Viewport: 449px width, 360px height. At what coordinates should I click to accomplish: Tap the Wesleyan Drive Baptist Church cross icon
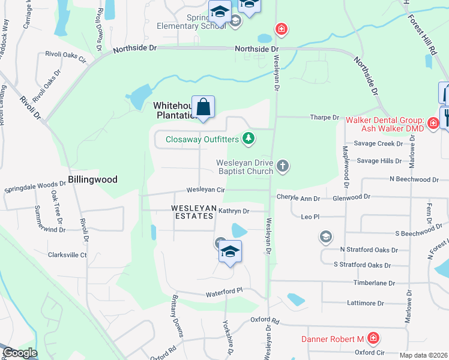tap(283, 166)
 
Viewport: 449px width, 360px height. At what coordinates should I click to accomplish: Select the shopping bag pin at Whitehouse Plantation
tap(203, 108)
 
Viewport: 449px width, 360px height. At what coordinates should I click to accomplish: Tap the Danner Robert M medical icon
tap(373, 339)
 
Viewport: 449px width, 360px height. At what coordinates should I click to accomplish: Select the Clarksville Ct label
tap(67, 255)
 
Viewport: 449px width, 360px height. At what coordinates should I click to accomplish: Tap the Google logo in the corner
tap(20, 353)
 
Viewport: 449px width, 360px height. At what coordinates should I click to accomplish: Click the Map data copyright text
tap(423, 355)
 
